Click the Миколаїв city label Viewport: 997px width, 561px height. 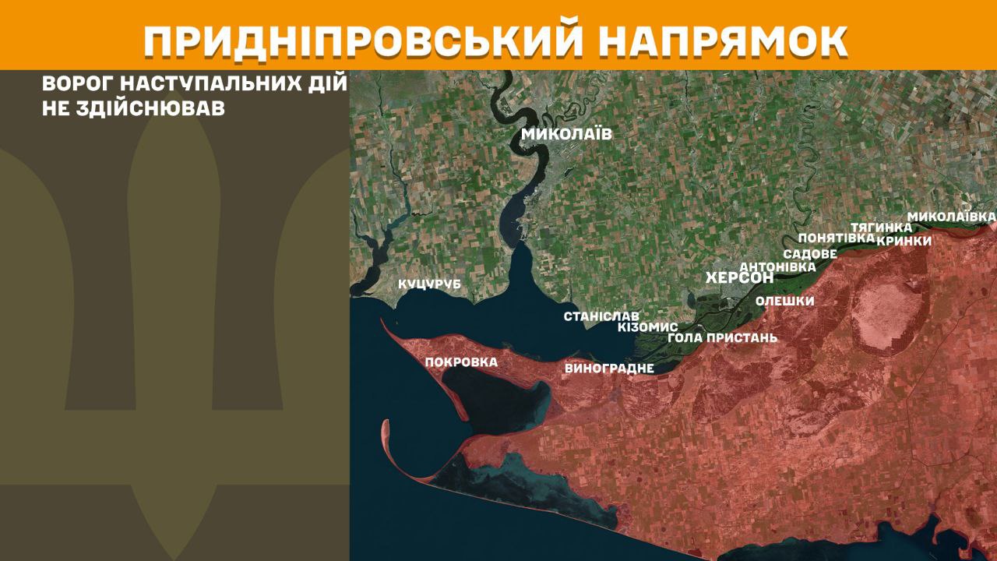coord(566,134)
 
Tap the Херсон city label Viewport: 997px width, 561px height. coord(738,278)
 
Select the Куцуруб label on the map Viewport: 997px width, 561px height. coord(429,285)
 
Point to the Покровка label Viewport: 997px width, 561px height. coord(461,362)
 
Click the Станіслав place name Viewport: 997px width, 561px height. coord(601,316)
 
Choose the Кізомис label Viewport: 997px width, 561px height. coord(647,327)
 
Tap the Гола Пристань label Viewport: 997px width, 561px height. coord(722,338)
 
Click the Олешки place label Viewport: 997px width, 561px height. coord(784,302)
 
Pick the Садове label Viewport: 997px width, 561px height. coord(810,254)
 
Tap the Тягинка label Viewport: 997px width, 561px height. coord(881,227)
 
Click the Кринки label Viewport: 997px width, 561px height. coord(904,241)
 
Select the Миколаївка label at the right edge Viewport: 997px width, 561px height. coord(951,215)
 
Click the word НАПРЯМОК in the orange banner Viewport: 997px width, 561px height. coord(725,42)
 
